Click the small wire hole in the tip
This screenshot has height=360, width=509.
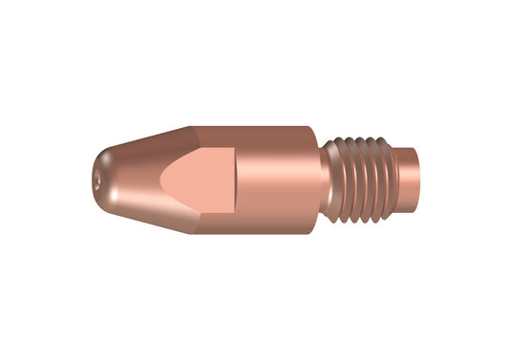[96, 180]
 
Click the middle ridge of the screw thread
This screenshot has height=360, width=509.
[362, 179]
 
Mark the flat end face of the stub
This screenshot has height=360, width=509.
[416, 179]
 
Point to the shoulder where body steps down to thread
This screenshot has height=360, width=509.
[318, 143]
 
